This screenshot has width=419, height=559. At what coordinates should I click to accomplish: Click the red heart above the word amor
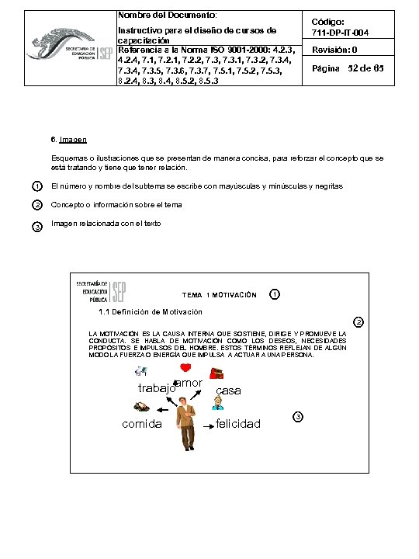[x=185, y=368]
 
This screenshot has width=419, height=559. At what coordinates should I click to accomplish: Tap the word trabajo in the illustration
[x=154, y=389]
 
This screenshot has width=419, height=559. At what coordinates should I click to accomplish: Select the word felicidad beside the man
[x=238, y=424]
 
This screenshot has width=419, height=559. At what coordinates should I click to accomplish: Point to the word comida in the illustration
[x=142, y=424]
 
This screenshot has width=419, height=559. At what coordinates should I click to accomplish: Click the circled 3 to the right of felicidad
[x=300, y=418]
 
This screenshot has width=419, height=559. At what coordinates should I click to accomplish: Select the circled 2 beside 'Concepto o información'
[x=36, y=205]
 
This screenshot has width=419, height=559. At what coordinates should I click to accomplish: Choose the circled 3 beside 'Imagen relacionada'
[x=36, y=225]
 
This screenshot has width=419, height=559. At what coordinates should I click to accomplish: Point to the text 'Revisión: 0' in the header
[x=334, y=50]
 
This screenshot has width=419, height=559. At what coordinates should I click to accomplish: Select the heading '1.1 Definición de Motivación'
[x=151, y=312]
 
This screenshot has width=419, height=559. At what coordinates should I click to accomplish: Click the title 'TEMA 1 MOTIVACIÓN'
[x=218, y=295]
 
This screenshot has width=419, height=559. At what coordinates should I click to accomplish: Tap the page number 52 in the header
[x=358, y=70]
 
